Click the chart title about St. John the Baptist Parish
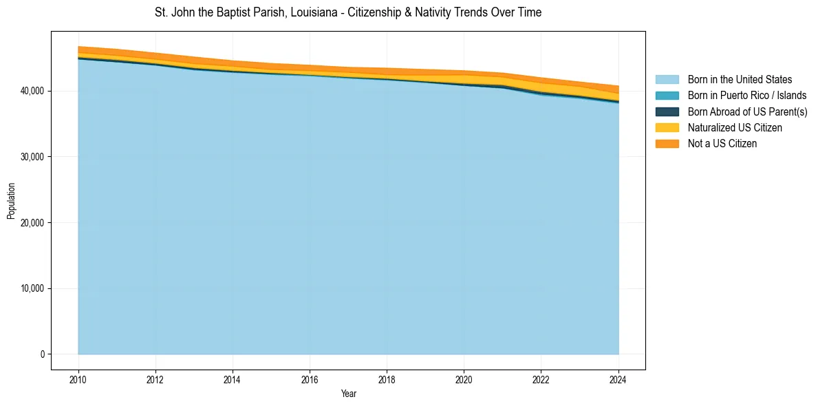coord(348,12)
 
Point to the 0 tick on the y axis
coord(42,354)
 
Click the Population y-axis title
coord(11,201)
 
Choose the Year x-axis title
coord(348,394)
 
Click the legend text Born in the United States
coord(740,80)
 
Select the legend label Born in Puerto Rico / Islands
coord(747,96)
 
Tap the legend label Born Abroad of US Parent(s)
coord(747,111)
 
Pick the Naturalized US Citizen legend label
coord(735,127)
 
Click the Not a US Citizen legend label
coord(722,143)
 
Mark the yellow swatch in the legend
coord(667,127)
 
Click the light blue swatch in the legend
coord(667,80)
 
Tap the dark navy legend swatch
coord(667,111)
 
